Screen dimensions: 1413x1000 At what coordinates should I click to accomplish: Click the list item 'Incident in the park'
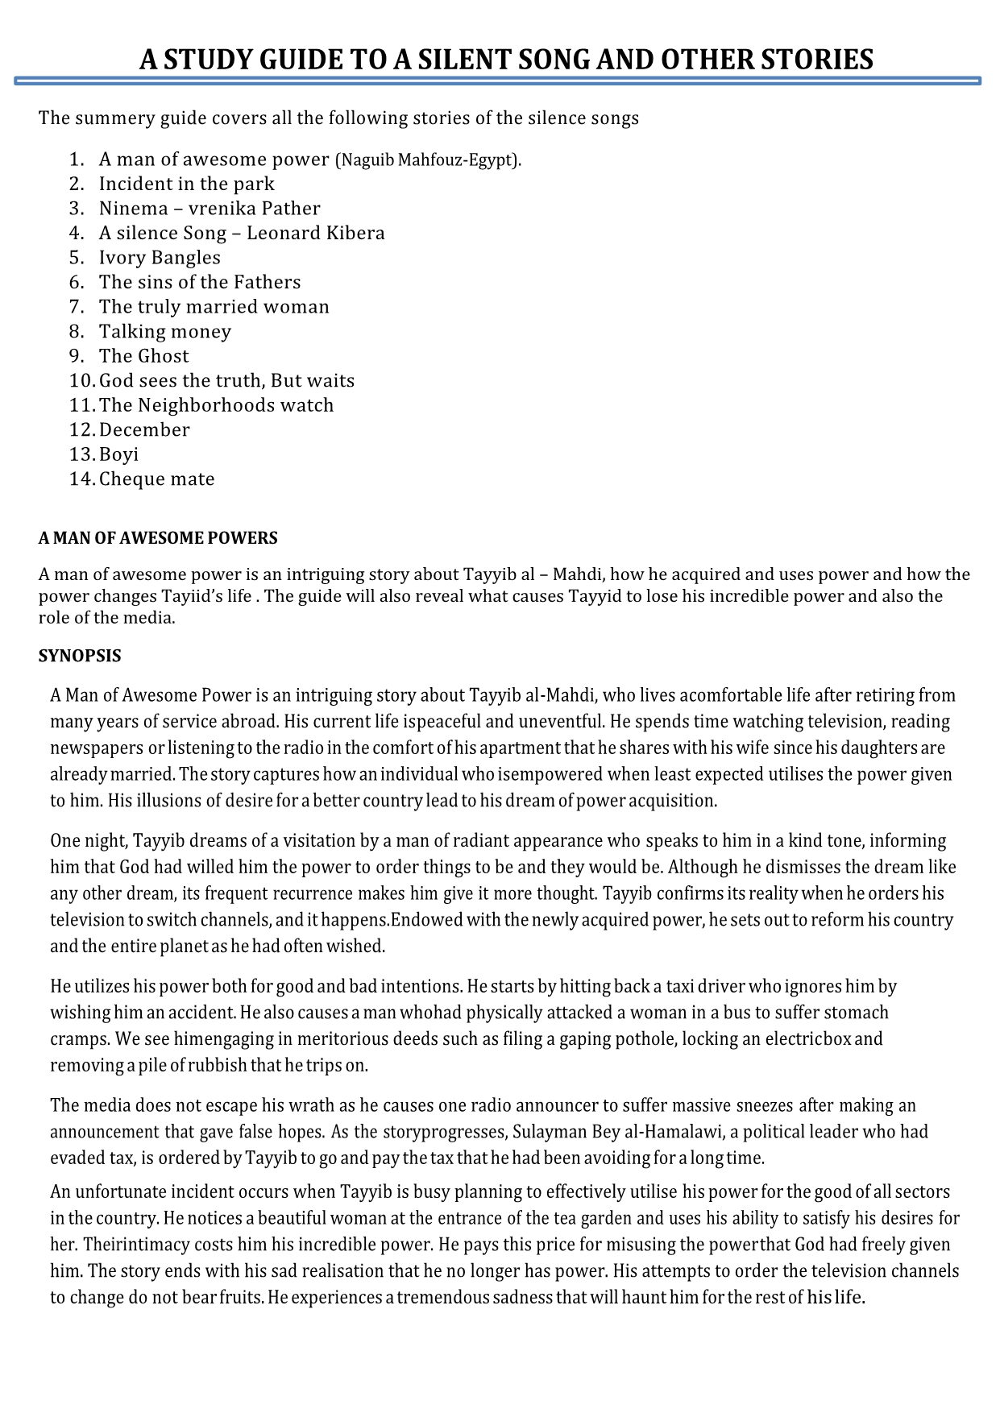(186, 184)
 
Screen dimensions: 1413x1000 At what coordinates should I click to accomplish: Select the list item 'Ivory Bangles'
(160, 258)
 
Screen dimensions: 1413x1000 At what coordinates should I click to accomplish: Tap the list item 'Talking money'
(165, 332)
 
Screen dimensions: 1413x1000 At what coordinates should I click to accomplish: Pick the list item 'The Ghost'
(144, 356)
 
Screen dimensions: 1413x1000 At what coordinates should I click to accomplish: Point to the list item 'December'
(144, 430)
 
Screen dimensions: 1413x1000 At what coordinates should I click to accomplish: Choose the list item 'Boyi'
(118, 454)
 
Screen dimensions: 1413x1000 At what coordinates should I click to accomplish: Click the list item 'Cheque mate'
(157, 479)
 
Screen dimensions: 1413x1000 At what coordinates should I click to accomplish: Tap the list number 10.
(81, 381)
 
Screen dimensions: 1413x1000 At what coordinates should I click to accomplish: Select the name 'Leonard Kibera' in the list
(316, 234)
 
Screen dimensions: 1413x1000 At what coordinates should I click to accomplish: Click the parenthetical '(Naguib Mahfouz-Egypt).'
(428, 160)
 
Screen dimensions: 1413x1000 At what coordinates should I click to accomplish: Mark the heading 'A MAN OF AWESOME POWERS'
(158, 538)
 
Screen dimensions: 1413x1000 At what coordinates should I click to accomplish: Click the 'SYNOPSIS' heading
(80, 657)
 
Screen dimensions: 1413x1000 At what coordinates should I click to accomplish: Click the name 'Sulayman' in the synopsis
(548, 1132)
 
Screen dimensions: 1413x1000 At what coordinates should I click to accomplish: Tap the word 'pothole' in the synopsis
(650, 1039)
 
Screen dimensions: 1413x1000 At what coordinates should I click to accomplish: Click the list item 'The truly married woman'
(214, 307)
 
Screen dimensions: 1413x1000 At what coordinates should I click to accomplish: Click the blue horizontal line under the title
(498, 81)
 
